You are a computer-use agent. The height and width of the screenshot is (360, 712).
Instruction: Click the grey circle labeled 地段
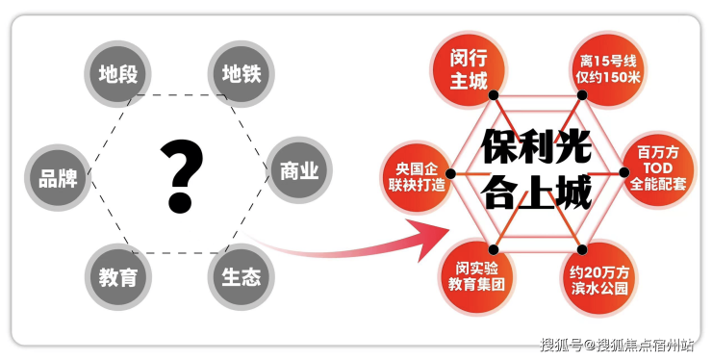point(117,73)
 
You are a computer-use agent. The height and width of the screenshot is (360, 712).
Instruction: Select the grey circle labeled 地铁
point(242,73)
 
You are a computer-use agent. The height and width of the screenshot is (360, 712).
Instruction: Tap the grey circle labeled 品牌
point(58,178)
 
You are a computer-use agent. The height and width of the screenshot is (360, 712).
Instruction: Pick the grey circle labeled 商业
point(299,170)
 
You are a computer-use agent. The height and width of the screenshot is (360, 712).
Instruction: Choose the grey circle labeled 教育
point(118,277)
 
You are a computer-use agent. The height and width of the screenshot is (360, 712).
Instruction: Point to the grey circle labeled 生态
point(242,277)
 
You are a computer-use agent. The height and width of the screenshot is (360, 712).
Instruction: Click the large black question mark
point(181,176)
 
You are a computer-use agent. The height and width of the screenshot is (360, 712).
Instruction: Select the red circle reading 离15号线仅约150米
point(607,69)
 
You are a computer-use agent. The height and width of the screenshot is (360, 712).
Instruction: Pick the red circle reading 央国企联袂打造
point(417,177)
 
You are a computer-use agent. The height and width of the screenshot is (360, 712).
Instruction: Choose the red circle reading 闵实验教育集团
point(476,276)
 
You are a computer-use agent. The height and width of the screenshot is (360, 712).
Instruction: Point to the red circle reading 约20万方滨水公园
point(598,279)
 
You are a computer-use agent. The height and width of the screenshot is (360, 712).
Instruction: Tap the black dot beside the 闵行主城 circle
point(494,95)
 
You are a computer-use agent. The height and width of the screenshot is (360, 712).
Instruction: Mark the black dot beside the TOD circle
point(624,172)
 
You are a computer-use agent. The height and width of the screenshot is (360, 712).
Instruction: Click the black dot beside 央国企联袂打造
point(450,173)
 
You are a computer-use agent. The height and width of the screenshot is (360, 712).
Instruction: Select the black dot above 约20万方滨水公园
point(582,249)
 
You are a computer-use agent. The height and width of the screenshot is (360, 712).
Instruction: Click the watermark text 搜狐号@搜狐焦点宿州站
point(617,345)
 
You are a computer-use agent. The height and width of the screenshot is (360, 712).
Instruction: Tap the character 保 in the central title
point(499,146)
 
